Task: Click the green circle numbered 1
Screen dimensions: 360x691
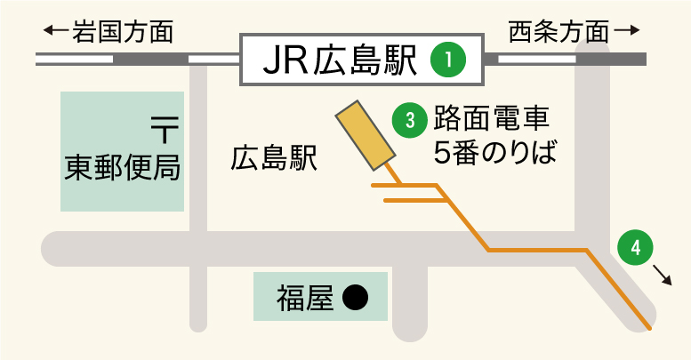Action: click(449, 60)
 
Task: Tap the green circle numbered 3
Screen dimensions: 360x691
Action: click(410, 121)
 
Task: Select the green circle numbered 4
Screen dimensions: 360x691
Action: click(634, 248)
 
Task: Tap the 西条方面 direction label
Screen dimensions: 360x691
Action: click(559, 33)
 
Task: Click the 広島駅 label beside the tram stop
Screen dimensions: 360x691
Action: click(274, 158)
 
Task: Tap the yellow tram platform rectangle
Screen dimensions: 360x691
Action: click(364, 133)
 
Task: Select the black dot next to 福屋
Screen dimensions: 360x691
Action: click(356, 297)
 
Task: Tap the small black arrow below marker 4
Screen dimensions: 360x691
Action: click(662, 275)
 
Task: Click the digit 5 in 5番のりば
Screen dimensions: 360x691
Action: click(443, 153)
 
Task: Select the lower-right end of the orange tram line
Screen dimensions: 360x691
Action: click(650, 328)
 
